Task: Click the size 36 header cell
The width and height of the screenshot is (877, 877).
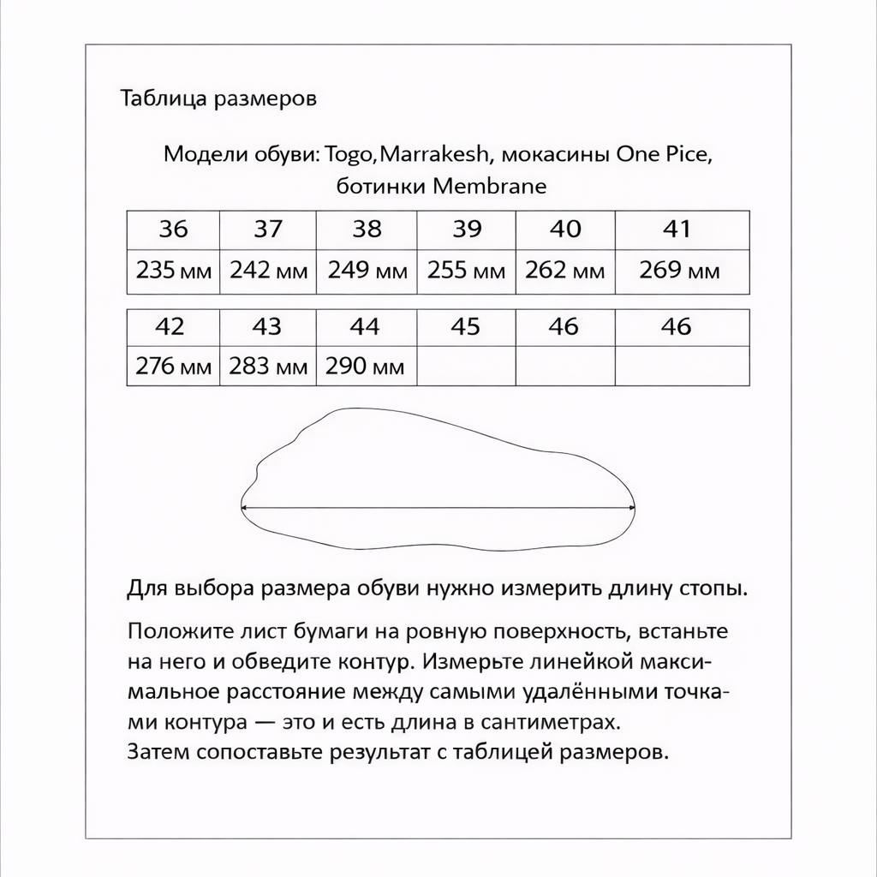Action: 173,230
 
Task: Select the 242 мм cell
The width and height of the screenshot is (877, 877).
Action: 268,271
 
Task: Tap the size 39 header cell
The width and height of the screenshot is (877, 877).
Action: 467,230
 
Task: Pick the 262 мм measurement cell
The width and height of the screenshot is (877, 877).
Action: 564,271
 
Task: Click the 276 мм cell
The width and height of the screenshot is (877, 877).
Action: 173,367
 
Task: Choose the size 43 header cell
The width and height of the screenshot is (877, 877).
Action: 268,327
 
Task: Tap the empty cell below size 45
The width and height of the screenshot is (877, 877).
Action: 466,367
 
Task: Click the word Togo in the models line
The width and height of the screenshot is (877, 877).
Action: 350,155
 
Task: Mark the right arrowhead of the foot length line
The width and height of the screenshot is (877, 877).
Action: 633,507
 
